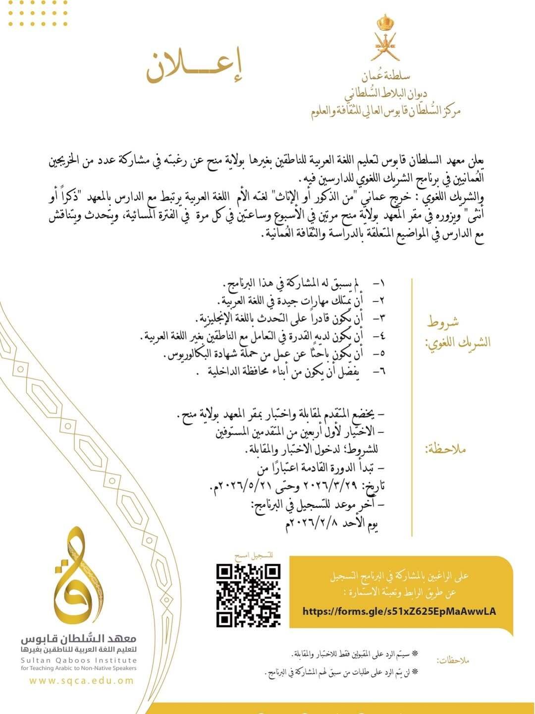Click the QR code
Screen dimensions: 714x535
click(x=249, y=595)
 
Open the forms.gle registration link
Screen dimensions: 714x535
click(x=399, y=611)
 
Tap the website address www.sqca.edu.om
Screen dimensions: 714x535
click(x=81, y=681)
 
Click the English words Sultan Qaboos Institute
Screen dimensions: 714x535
click(x=79, y=660)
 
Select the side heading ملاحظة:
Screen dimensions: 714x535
click(x=446, y=450)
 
